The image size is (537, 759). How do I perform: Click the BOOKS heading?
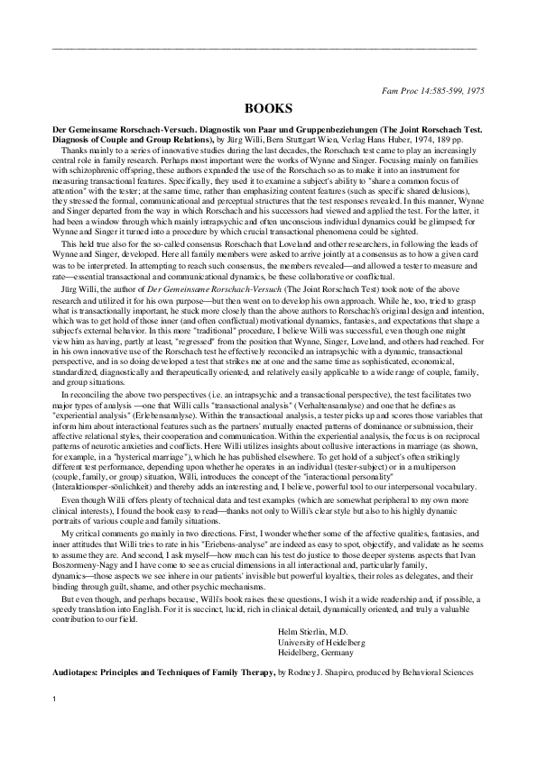pyautogui.click(x=268, y=106)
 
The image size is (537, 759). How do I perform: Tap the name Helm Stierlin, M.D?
pyautogui.click(x=317, y=632)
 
